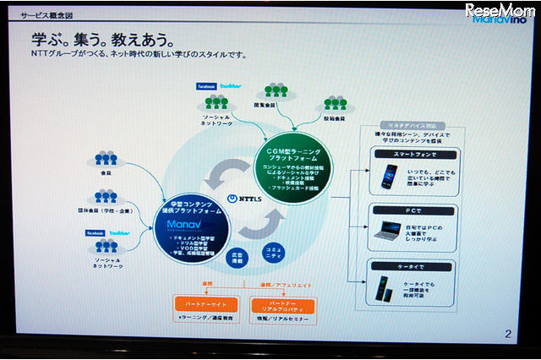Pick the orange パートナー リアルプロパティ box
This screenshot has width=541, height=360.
[x=282, y=305]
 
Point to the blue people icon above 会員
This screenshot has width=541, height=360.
[x=107, y=158]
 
